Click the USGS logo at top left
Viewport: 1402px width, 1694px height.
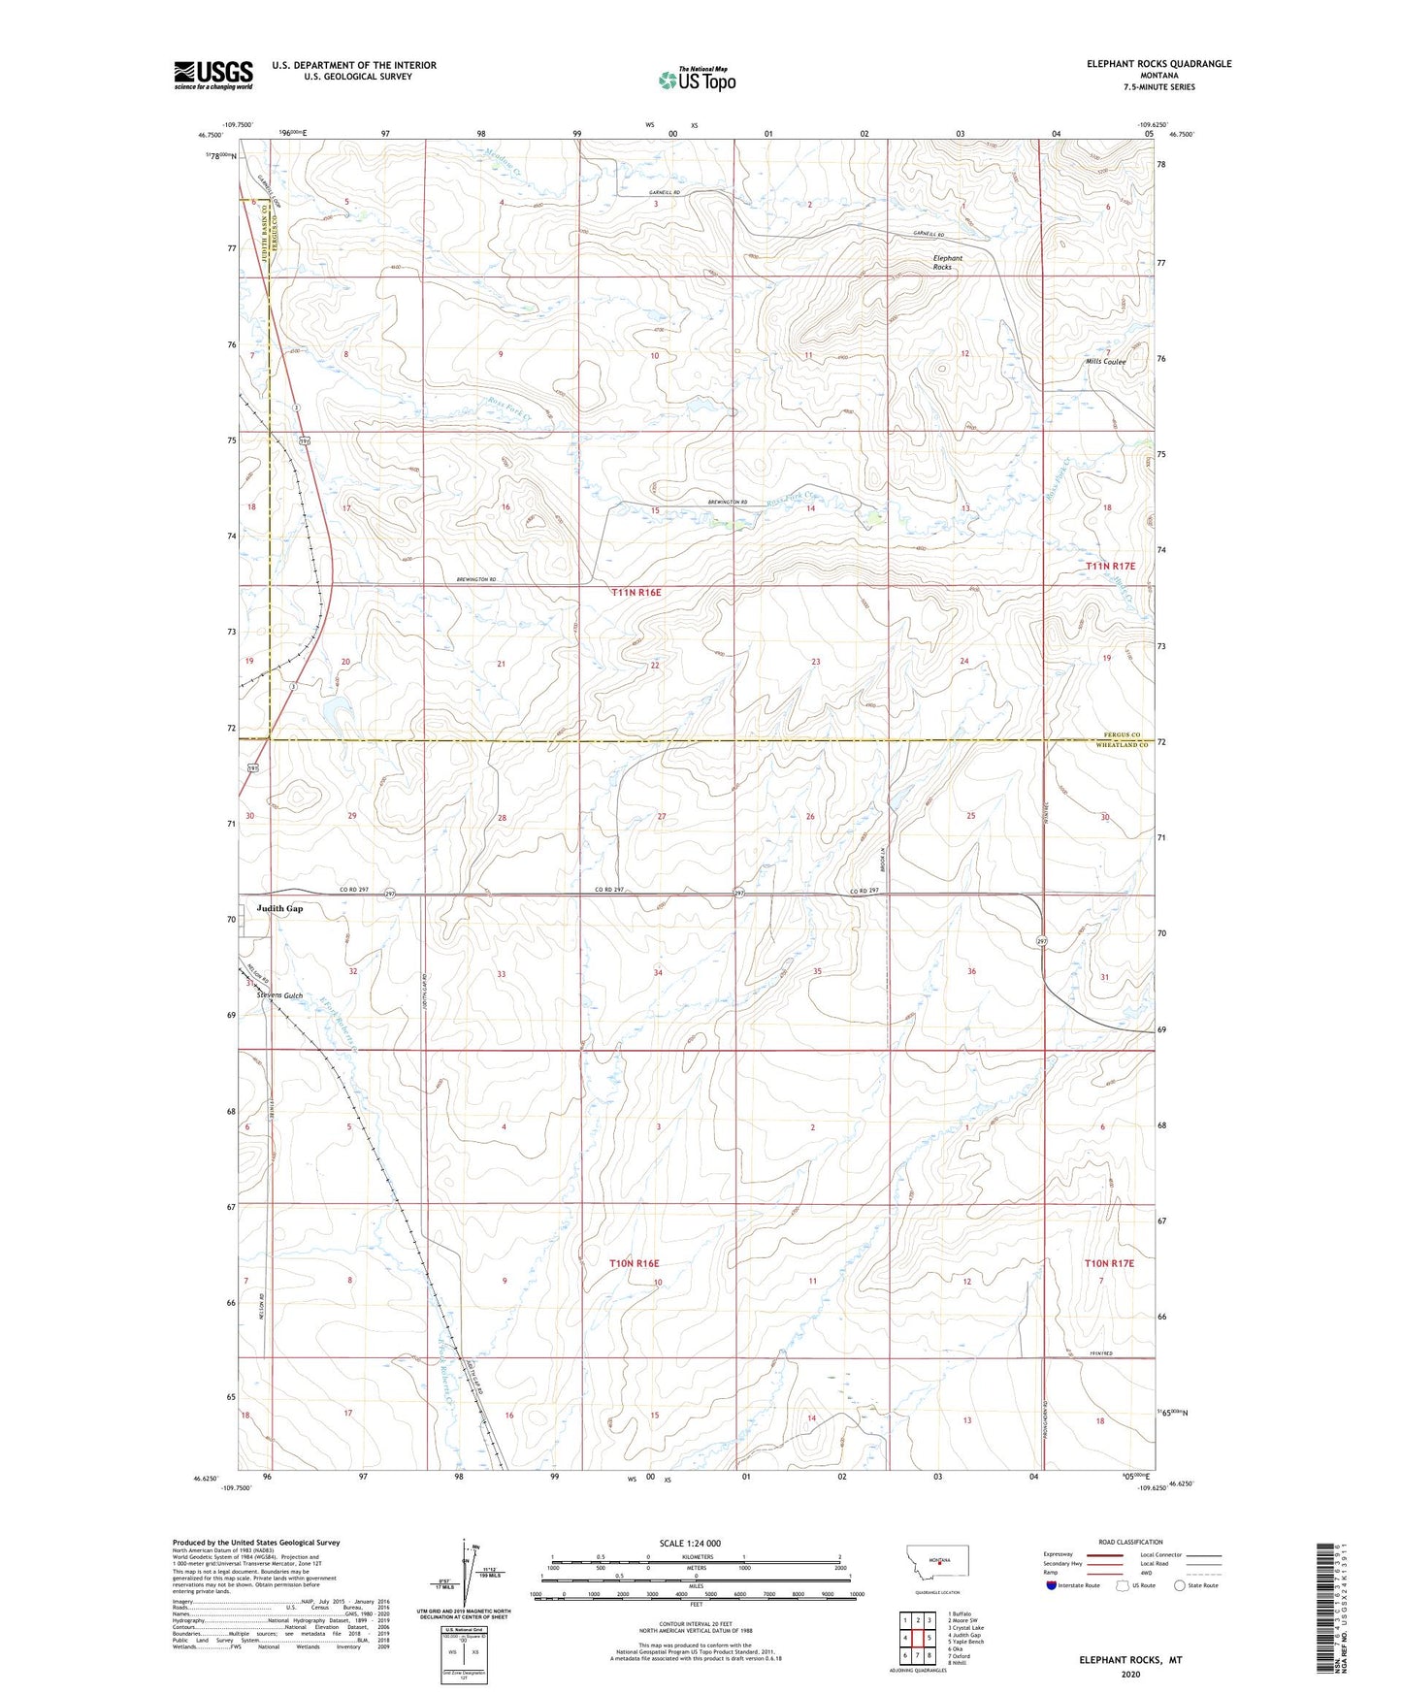213,75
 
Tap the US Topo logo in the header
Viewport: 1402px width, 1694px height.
697,80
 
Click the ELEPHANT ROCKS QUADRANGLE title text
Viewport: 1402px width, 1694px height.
1158,64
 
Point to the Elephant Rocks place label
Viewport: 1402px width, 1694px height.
947,262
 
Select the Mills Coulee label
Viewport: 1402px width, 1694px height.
1105,362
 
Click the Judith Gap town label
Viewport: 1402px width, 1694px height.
279,909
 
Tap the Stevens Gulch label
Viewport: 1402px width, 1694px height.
279,995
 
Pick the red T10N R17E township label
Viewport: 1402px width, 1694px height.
1109,1263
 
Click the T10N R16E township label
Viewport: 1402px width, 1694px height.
635,1263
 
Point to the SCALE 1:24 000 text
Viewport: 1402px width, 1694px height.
689,1543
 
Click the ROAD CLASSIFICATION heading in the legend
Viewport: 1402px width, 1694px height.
1130,1542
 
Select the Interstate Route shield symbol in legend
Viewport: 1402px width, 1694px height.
1051,1585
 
